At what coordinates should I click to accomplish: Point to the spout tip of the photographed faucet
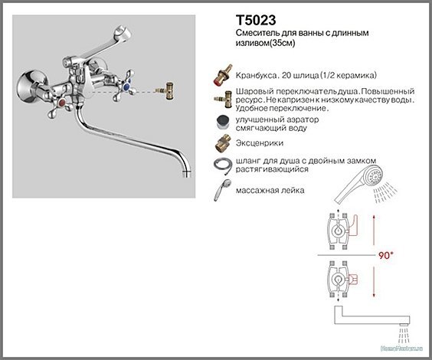(185, 175)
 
